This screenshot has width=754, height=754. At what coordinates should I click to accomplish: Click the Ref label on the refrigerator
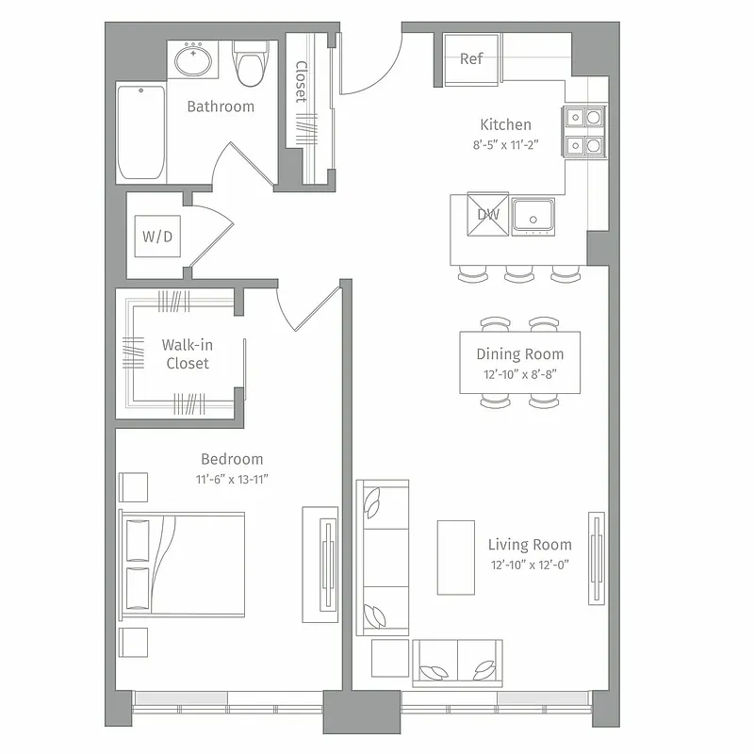click(471, 58)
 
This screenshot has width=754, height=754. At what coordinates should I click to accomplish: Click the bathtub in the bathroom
click(140, 131)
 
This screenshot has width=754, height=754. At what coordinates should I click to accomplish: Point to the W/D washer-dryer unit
click(157, 237)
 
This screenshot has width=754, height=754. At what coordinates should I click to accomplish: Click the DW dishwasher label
click(488, 214)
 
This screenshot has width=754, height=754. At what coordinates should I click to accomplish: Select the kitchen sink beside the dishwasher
click(533, 217)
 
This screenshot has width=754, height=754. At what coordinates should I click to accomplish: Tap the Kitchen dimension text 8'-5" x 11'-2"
click(505, 145)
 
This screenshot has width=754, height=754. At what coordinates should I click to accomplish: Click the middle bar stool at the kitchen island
click(519, 274)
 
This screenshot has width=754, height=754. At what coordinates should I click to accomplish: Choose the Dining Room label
click(519, 354)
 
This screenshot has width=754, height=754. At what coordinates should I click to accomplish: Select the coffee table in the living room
click(456, 556)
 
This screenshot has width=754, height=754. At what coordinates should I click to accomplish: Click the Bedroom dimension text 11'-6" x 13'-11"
click(232, 479)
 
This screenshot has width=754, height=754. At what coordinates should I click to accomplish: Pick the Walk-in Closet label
click(186, 354)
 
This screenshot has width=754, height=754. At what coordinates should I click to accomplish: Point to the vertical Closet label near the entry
click(301, 82)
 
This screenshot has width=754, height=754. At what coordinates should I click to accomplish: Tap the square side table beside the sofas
click(389, 658)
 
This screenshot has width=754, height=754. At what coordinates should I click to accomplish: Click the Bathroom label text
click(221, 107)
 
